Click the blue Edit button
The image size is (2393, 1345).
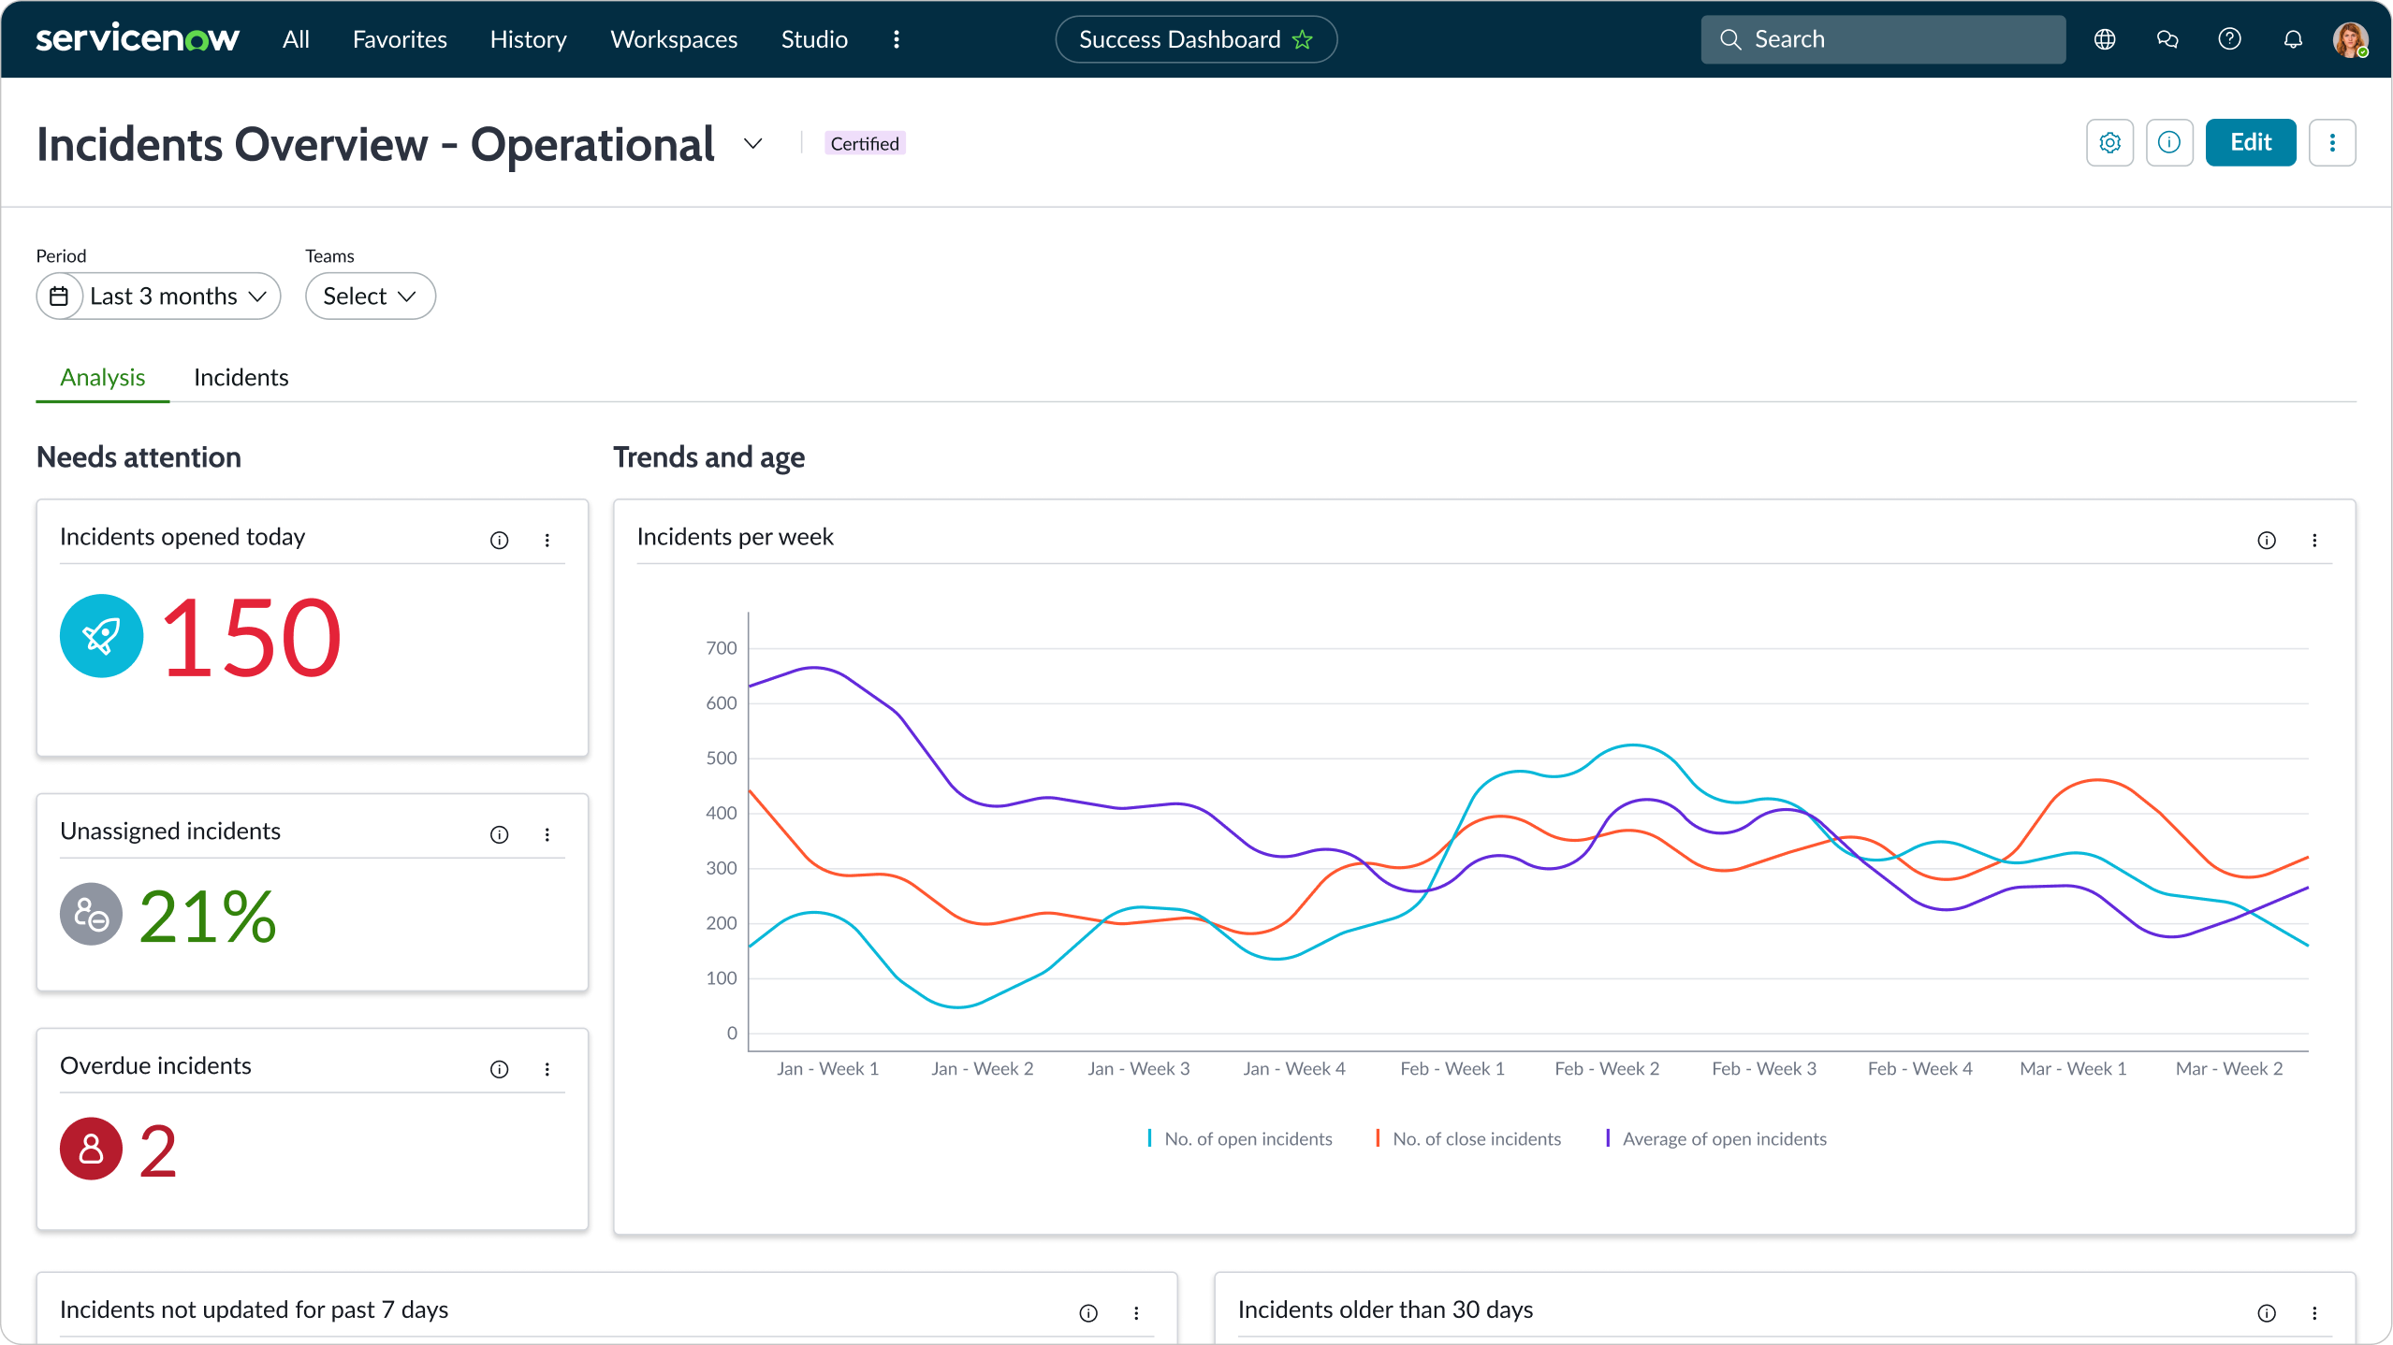coord(2249,142)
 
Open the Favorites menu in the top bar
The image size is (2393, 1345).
coord(400,39)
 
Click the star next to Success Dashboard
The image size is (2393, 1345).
coord(1302,39)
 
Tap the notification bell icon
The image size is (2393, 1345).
coord(2292,39)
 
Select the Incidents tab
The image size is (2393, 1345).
coord(241,377)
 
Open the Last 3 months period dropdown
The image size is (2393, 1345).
coord(159,296)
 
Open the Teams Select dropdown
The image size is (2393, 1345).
coord(370,296)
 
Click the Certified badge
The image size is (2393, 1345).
coord(864,143)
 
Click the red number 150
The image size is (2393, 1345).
coord(251,638)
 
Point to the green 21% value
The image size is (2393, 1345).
coord(208,916)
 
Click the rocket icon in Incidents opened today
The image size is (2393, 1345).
coord(101,636)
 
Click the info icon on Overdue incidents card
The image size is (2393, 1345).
coord(499,1069)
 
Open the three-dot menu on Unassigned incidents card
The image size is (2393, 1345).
coord(547,834)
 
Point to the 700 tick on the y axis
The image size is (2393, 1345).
coord(721,648)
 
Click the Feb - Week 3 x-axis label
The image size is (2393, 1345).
coord(1763,1068)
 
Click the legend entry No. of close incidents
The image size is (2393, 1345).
coord(1475,1138)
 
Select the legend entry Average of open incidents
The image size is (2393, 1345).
coord(1723,1138)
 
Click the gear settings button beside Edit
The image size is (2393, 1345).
coord(2109,142)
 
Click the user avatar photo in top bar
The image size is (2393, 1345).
coord(2349,39)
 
